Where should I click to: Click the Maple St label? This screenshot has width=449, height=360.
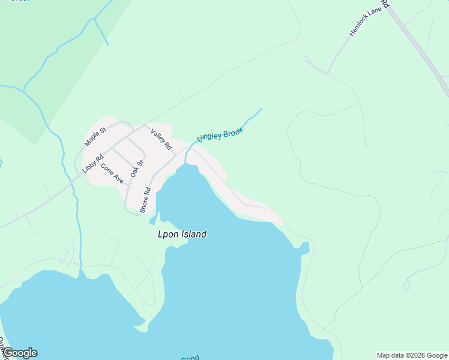click(95, 137)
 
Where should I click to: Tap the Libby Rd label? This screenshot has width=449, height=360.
click(92, 166)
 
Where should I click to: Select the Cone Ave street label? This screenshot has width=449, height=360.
click(112, 173)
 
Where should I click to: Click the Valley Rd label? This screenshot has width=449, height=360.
click(161, 140)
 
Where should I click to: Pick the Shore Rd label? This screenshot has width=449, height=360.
click(145, 199)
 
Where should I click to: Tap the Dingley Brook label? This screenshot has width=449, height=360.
click(220, 135)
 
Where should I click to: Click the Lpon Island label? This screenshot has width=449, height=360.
click(181, 234)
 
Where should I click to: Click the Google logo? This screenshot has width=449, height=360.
click(19, 353)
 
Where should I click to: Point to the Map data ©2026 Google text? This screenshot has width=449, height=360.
click(412, 355)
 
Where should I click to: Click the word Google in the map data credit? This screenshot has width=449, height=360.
click(435, 355)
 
